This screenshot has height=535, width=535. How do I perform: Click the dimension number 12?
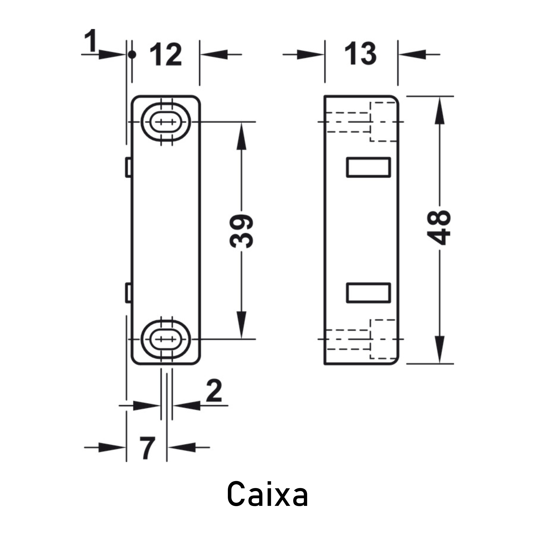click(166, 55)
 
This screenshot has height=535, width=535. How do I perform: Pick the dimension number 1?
click(91, 40)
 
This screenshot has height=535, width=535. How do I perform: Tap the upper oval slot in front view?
click(166, 122)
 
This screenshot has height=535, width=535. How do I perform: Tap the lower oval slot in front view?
click(166, 339)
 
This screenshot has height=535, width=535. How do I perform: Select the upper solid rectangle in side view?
click(369, 167)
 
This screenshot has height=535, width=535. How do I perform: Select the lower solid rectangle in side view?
click(369, 293)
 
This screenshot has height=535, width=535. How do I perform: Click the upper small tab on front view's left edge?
click(128, 167)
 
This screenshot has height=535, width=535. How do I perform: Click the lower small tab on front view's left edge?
click(128, 292)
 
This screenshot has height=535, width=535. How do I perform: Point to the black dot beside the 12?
click(132, 55)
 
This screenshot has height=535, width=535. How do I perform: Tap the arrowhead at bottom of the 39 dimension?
click(242, 325)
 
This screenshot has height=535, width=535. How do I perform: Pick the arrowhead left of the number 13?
click(310, 55)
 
